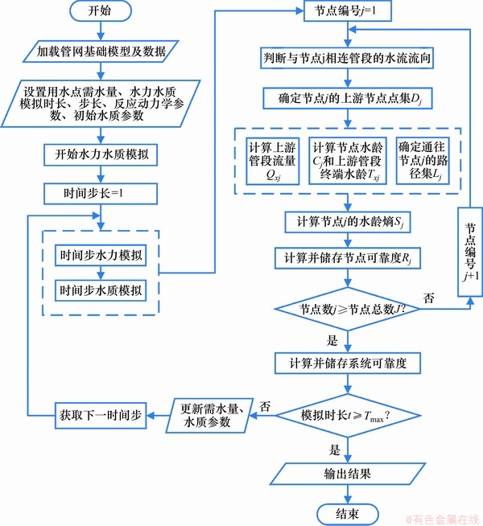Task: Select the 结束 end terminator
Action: pos(348,512)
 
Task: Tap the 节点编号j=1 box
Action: pos(348,12)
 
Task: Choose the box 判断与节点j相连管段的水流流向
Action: pos(348,59)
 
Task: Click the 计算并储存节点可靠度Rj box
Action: pos(348,258)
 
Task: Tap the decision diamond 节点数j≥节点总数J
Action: pos(348,307)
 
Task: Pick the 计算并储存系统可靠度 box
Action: pos(348,363)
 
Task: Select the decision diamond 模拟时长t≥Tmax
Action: pos(348,415)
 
